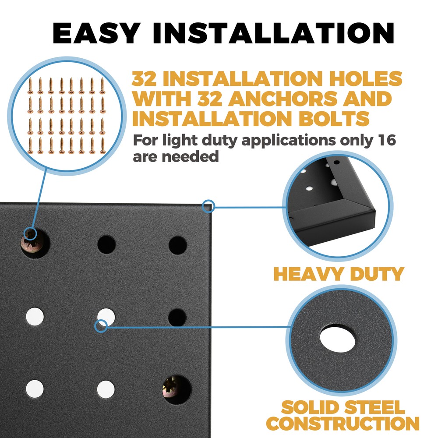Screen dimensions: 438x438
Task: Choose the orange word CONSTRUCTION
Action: click(343, 424)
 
